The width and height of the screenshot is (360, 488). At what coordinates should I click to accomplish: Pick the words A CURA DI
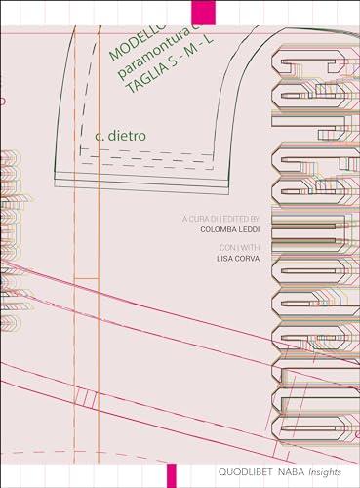194,220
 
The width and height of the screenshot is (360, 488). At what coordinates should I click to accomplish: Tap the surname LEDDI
251,230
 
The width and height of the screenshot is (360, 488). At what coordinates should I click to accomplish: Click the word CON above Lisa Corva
226,249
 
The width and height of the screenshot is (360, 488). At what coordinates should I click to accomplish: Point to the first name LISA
225,260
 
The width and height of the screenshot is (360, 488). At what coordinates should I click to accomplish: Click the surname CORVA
248,260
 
